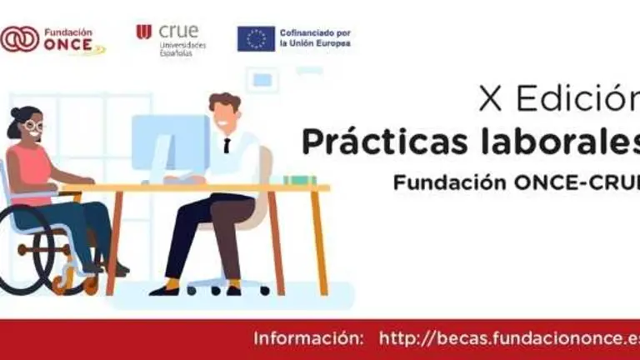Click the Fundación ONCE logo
pyautogui.click(x=52, y=38)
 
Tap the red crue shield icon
pyautogui.click(x=143, y=32)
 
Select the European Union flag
pyautogui.click(x=256, y=38)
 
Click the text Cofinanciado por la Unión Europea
pyautogui.click(x=315, y=38)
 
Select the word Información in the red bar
pyautogui.click(x=308, y=338)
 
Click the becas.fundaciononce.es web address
pyautogui.click(x=508, y=338)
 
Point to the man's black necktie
pyautogui.click(x=227, y=145)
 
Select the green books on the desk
pyautogui.click(x=299, y=180)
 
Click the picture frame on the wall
pyautogui.click(x=262, y=80)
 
